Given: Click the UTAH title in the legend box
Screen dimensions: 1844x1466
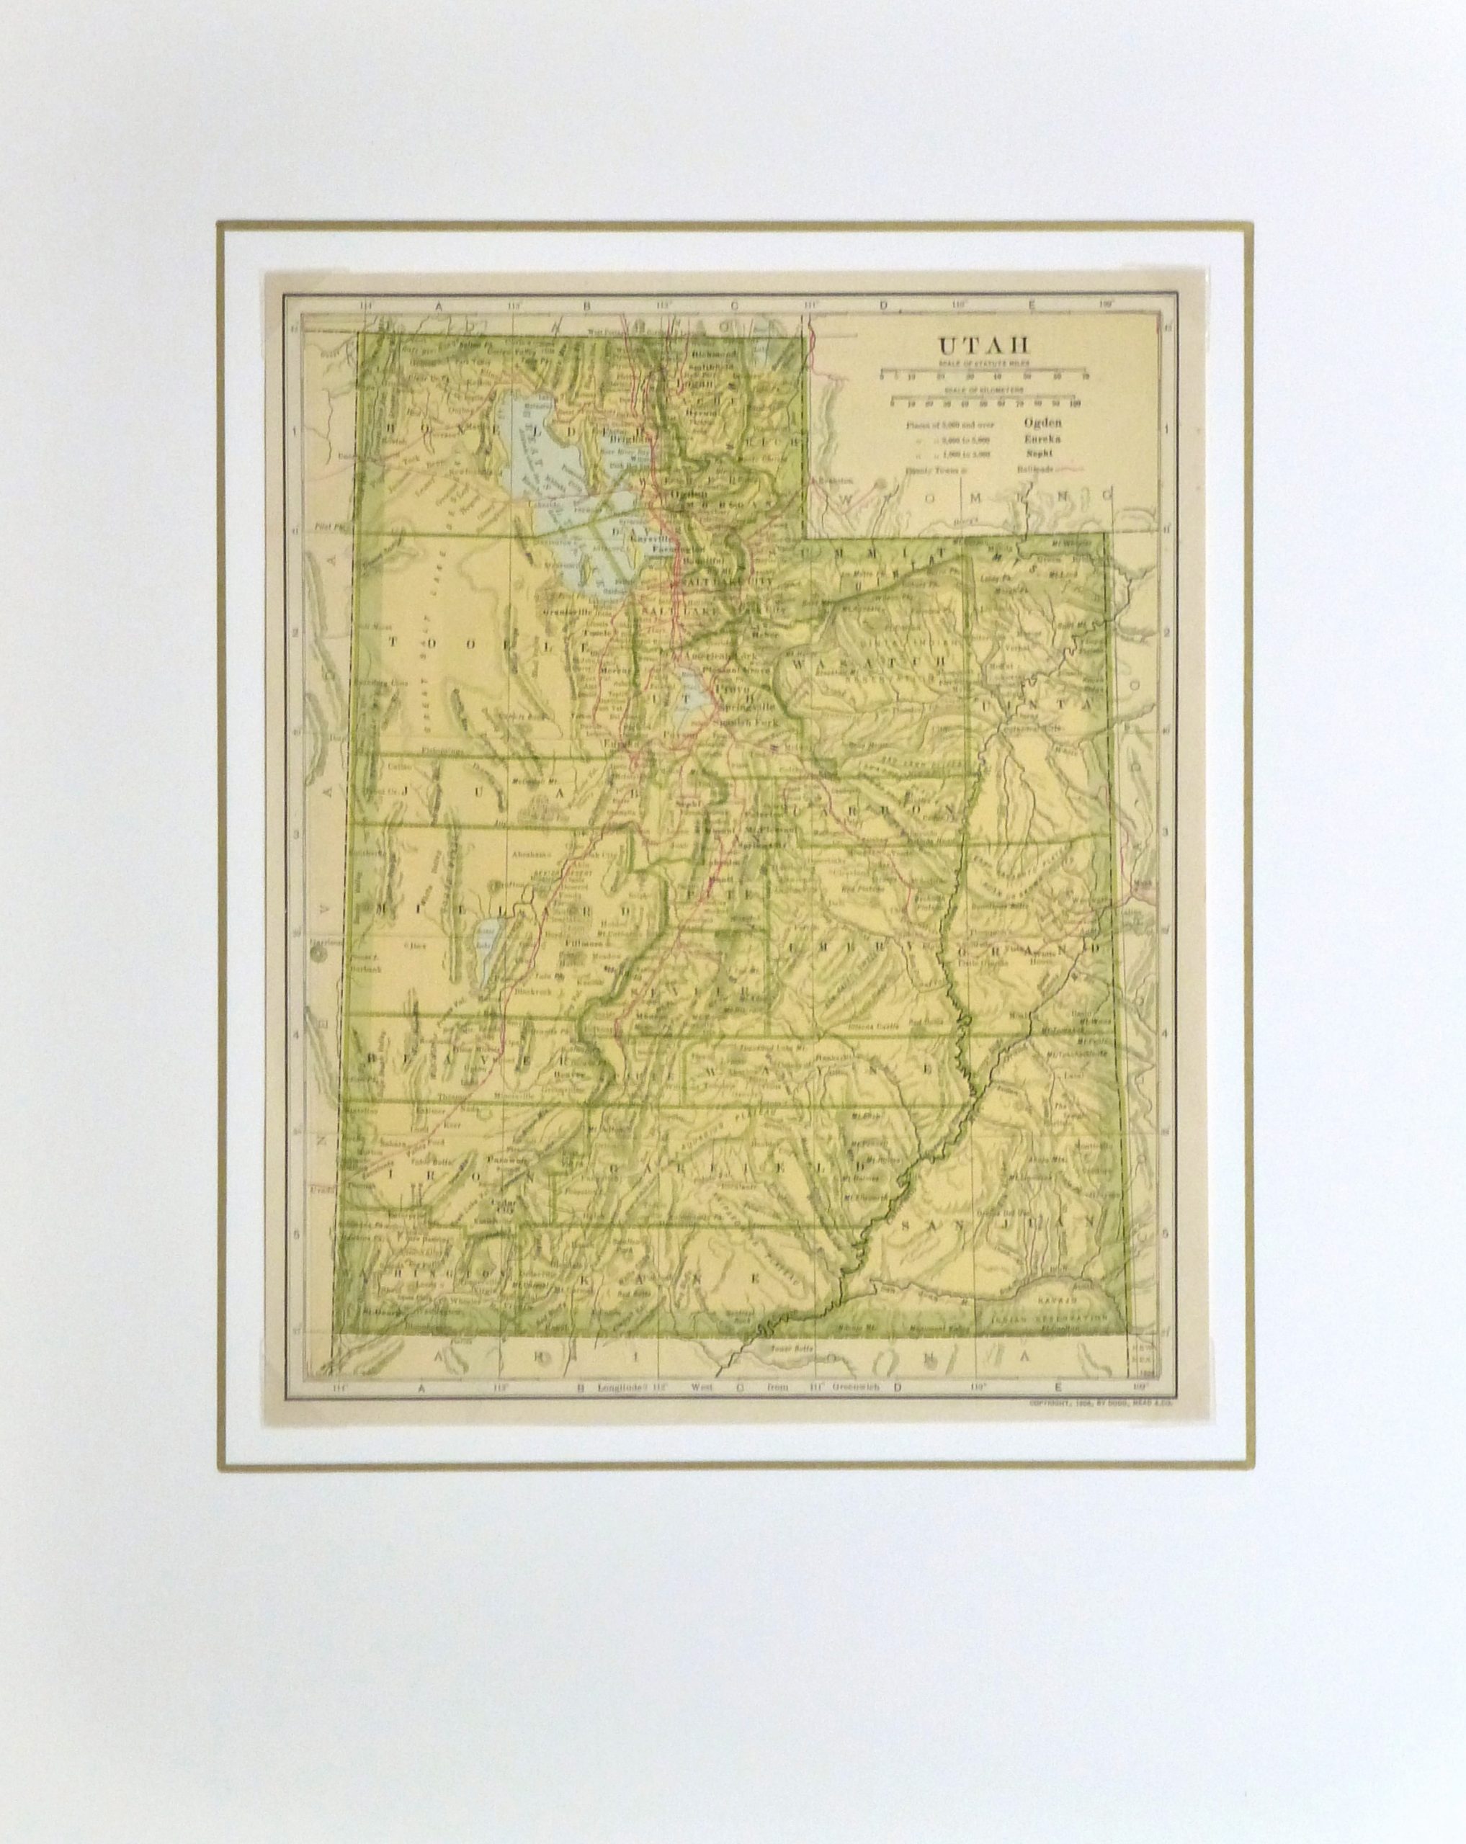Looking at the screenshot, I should click(x=983, y=346).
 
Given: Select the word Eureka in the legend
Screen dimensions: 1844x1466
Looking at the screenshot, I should click(x=1041, y=438).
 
